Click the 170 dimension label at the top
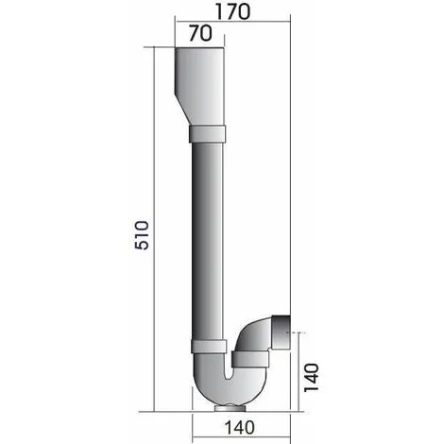(x=232, y=11)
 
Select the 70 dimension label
(x=200, y=33)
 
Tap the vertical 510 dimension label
(x=142, y=235)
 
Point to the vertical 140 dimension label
(x=311, y=378)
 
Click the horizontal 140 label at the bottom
(x=239, y=428)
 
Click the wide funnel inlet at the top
(x=200, y=87)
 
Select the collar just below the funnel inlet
(x=207, y=134)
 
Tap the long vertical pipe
(x=208, y=241)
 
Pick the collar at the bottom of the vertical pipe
(x=209, y=346)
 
